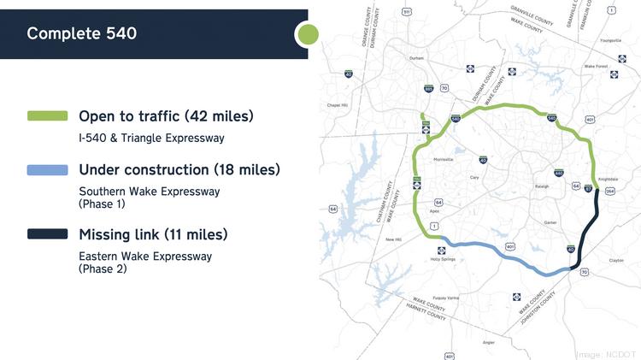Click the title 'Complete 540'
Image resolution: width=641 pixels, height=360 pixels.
point(81,34)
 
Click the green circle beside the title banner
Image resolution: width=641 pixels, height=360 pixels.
point(307,34)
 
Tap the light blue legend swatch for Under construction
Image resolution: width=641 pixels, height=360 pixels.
point(47,170)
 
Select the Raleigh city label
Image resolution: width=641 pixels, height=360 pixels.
point(541,186)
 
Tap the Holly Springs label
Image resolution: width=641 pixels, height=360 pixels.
point(441,260)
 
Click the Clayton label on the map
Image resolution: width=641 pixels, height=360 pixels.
point(615,260)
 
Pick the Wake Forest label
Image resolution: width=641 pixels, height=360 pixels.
point(596,66)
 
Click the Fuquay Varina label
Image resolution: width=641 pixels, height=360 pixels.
point(447,298)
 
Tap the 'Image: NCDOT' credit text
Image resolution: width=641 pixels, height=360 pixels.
point(607,353)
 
